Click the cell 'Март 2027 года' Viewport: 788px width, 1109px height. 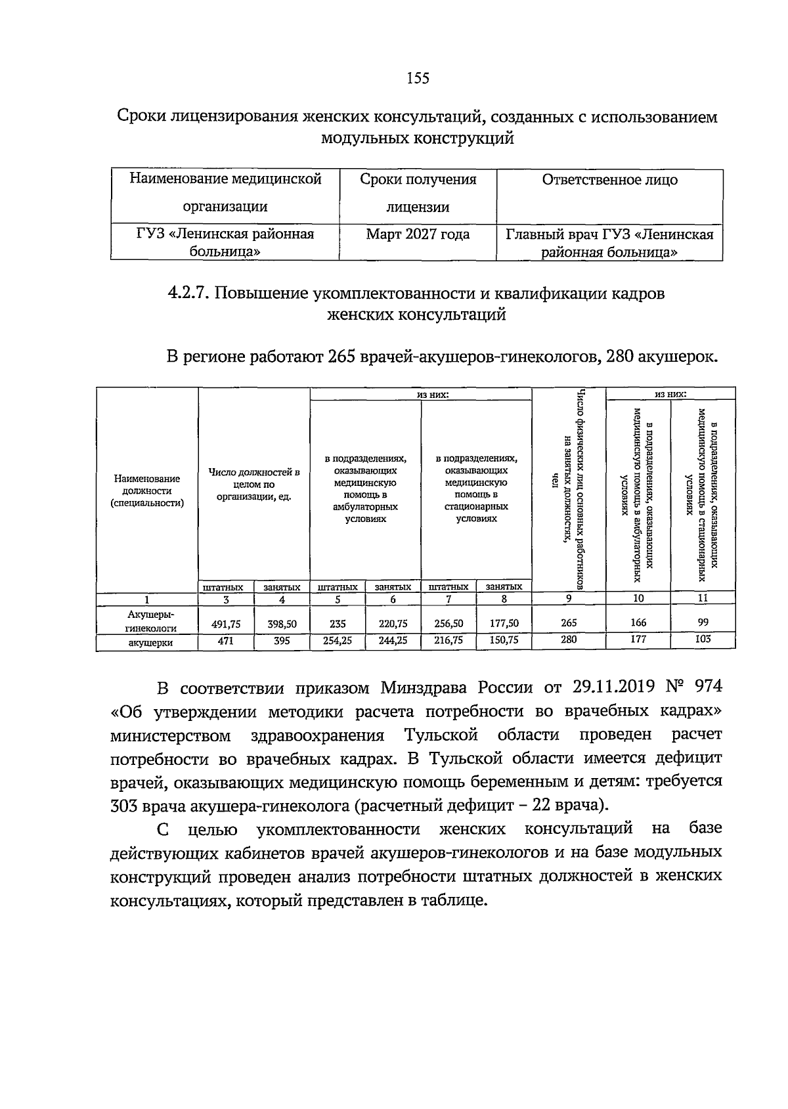click(x=418, y=234)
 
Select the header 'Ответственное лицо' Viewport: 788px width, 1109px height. click(x=609, y=180)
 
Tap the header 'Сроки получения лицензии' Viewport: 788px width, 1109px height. click(x=418, y=193)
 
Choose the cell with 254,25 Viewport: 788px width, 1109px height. click(x=338, y=641)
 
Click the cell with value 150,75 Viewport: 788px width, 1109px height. click(x=504, y=641)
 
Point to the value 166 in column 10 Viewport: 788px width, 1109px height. click(x=638, y=622)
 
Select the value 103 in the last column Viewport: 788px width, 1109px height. click(x=703, y=639)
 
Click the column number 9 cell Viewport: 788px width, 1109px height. click(x=569, y=598)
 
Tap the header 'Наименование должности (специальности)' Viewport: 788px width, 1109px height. click(x=147, y=491)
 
